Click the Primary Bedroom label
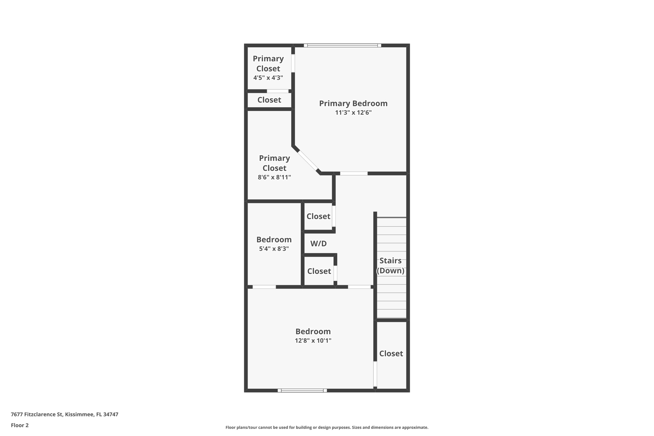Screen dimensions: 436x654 tap(353, 103)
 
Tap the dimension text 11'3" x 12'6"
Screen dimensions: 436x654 tap(353, 112)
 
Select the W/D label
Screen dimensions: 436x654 tap(318, 244)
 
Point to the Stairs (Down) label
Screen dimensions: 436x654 tap(390, 265)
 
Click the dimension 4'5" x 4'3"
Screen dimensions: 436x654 tap(268, 78)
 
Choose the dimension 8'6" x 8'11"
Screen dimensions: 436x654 tap(274, 177)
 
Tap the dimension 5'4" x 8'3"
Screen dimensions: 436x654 tap(274, 249)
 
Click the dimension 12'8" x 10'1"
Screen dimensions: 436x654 tap(313, 340)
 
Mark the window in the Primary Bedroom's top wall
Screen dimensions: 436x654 tap(342, 45)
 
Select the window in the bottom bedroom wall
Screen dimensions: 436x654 tap(302, 390)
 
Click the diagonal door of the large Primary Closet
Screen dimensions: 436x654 tap(308, 161)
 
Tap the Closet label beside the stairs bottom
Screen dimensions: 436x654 tap(391, 354)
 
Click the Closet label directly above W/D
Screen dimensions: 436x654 tap(318, 216)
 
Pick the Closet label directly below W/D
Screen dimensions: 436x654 tap(319, 271)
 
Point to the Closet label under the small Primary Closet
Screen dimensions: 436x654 tap(269, 100)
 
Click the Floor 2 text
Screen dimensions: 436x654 tap(20, 425)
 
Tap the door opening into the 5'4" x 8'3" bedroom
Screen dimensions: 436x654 tap(264, 287)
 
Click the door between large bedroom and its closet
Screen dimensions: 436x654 tap(375, 374)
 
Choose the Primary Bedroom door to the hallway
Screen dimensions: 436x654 tap(354, 173)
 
